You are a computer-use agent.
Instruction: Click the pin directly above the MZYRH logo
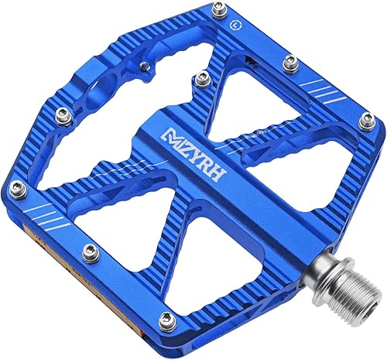203,76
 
